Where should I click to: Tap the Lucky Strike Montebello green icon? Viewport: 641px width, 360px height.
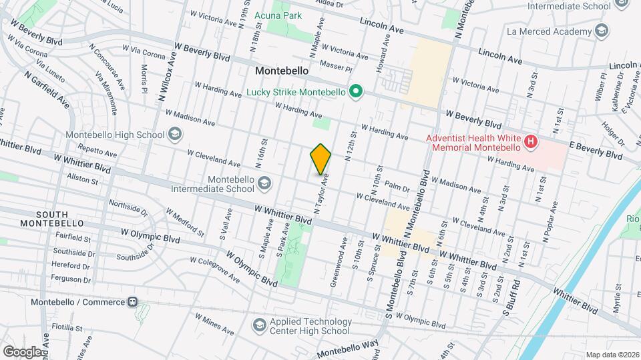[357, 92]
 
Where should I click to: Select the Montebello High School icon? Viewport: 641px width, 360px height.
[174, 135]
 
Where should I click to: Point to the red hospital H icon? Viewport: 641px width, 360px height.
[531, 142]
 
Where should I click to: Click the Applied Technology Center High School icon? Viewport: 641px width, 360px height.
[259, 325]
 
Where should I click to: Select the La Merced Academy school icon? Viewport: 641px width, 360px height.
[602, 31]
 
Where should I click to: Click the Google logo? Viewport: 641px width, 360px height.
[23, 351]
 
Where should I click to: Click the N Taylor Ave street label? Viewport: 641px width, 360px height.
[322, 194]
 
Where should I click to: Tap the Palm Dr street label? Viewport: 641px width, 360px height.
[397, 187]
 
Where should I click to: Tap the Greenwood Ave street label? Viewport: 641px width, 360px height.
[342, 256]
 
